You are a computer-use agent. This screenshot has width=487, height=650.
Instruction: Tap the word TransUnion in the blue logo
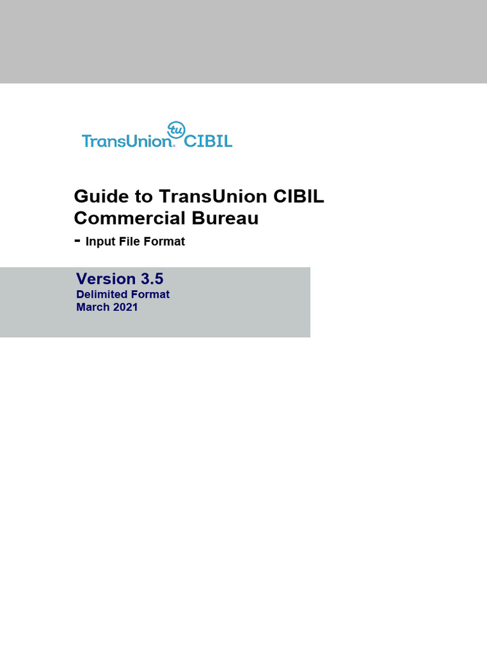(127, 140)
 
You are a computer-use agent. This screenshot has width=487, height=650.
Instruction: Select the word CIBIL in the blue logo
(208, 140)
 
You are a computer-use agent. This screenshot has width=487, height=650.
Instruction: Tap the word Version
(106, 279)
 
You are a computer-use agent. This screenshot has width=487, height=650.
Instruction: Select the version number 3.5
(152, 279)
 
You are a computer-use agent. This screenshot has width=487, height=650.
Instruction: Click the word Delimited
(102, 295)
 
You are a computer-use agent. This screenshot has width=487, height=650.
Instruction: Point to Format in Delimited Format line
(150, 295)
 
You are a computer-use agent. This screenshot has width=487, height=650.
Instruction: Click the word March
(92, 307)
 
